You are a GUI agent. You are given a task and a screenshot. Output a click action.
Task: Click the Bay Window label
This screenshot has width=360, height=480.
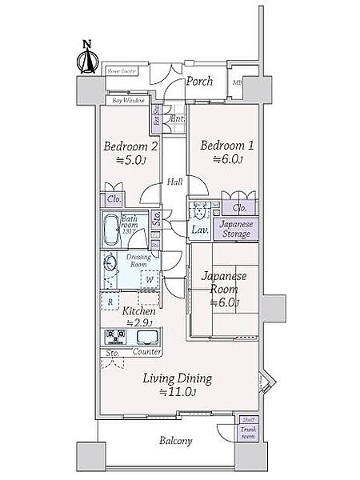(128, 101)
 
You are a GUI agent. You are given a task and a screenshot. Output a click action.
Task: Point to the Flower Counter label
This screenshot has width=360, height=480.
(122, 71)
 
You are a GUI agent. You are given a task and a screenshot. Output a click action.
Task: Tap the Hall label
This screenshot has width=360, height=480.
(174, 182)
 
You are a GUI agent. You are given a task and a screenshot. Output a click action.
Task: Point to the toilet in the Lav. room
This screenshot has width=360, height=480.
(196, 213)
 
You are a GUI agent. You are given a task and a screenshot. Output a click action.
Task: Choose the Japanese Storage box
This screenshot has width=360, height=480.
(237, 229)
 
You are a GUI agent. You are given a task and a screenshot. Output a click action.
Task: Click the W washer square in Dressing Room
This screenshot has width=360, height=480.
(149, 280)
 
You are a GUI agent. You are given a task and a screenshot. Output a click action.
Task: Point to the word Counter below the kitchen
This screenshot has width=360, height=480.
(145, 353)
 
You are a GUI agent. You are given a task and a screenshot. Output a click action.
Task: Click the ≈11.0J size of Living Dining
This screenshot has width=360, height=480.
(178, 392)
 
